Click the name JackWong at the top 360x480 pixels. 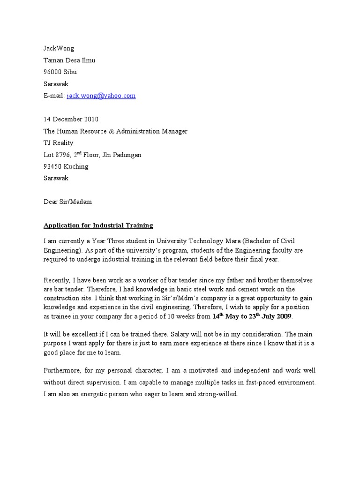[x=59, y=48]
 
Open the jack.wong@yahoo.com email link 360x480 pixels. [x=101, y=96]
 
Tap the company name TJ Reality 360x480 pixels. [x=58, y=143]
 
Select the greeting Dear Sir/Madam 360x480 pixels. [x=67, y=202]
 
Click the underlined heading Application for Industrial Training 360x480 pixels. [x=98, y=225]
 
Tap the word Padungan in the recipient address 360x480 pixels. [x=126, y=155]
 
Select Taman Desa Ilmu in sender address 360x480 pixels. [x=69, y=60]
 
